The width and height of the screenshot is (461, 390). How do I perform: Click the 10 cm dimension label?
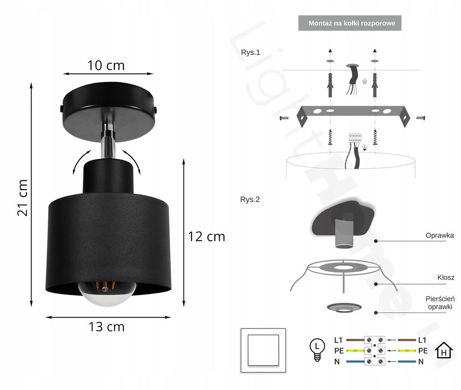pyautogui.click(x=106, y=65)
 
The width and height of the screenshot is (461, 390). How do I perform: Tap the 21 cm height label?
pyautogui.click(x=23, y=197)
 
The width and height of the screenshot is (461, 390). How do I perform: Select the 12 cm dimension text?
pyautogui.click(x=207, y=236)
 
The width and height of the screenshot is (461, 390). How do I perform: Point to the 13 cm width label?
pyautogui.click(x=106, y=326)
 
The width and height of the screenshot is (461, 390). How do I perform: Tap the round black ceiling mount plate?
pyautogui.click(x=108, y=110)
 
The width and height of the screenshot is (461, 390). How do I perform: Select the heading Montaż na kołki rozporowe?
pyautogui.click(x=349, y=23)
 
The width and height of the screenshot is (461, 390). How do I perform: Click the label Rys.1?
pyautogui.click(x=250, y=52)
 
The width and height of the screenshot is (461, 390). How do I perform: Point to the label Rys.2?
pyautogui.click(x=250, y=199)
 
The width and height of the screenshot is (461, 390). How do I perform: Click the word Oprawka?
pyautogui.click(x=439, y=235)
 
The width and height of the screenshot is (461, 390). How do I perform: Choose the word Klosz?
pyautogui.click(x=445, y=278)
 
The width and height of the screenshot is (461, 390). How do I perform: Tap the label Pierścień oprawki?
pyautogui.click(x=439, y=303)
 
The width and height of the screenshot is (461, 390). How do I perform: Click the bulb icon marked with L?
pyautogui.click(x=318, y=349)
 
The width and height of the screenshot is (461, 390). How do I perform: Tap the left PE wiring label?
pyautogui.click(x=339, y=350)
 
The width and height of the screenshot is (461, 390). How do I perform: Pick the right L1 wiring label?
pyautogui.click(x=422, y=340)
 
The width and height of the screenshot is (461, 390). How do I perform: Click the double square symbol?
pyautogui.click(x=263, y=350)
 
